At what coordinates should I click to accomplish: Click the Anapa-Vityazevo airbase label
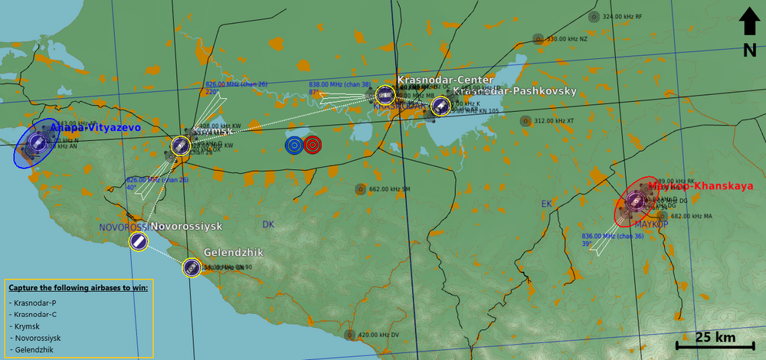click(96, 128)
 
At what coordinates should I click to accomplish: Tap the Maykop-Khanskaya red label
click(701, 185)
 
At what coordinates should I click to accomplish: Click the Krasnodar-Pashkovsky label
click(514, 91)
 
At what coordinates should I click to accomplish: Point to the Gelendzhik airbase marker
click(191, 267)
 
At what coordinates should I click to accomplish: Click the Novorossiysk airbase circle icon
click(139, 242)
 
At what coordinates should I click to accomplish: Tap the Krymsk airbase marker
click(181, 146)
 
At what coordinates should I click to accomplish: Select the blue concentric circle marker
click(293, 144)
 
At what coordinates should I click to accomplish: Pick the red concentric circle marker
click(312, 144)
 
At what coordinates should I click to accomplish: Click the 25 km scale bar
click(715, 346)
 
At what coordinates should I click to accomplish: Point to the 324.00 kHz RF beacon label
click(622, 16)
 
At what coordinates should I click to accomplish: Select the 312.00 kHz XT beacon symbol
click(525, 120)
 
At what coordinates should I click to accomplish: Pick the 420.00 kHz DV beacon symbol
click(350, 335)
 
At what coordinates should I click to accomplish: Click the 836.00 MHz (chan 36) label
click(612, 237)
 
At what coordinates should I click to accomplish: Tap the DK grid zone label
click(268, 224)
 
